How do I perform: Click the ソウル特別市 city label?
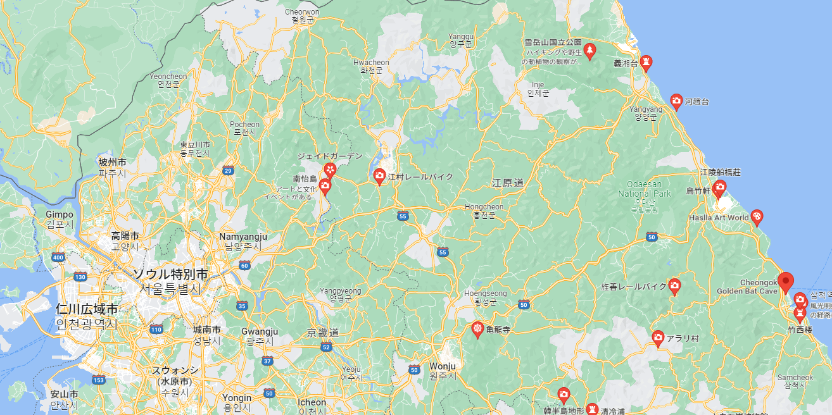pos(170,275)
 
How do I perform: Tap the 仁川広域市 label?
pos(87,310)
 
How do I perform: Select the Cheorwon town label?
pos(302,11)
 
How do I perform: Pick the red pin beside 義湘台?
pos(646,62)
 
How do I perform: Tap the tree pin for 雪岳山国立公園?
pos(589,50)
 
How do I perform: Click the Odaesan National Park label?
pos(644,189)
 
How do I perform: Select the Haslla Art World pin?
pos(756,217)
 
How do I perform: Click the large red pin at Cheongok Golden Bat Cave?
pos(785,282)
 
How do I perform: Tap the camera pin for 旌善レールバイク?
pos(674,286)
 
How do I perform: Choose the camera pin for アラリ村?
pos(658,338)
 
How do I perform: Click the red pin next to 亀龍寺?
pos(477,329)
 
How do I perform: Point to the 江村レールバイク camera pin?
pos(380,176)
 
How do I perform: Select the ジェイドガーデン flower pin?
pos(330,169)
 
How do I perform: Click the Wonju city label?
pos(442,366)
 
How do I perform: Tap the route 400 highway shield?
pos(58,257)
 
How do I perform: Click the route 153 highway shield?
pos(98,380)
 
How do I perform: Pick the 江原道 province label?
pos(508,183)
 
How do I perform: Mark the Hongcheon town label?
pos(484,207)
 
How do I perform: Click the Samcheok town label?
pos(795,378)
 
